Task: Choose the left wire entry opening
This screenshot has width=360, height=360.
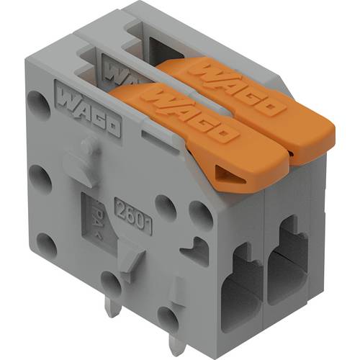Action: coord(241,288)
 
